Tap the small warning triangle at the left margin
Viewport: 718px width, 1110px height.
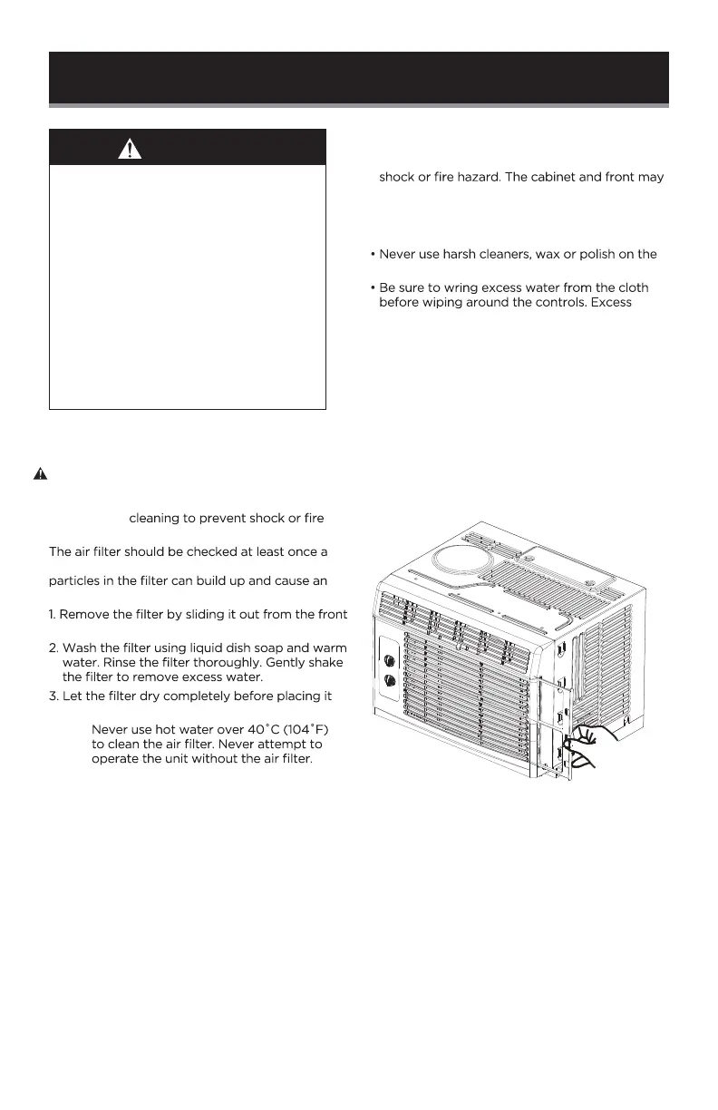pyautogui.click(x=40, y=473)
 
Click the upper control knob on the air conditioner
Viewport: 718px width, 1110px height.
pyautogui.click(x=391, y=660)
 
